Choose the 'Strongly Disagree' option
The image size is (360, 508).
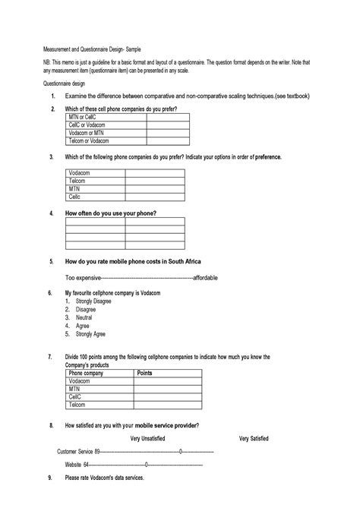coord(93,301)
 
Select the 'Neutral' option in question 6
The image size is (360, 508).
coord(85,317)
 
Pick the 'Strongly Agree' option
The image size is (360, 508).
coord(90,333)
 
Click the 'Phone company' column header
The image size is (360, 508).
coord(86,373)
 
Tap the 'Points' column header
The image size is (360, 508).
coord(144,373)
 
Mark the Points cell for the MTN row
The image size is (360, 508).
coord(168,389)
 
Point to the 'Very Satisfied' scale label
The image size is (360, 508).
coord(254,438)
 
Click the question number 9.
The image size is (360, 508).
coord(50,478)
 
